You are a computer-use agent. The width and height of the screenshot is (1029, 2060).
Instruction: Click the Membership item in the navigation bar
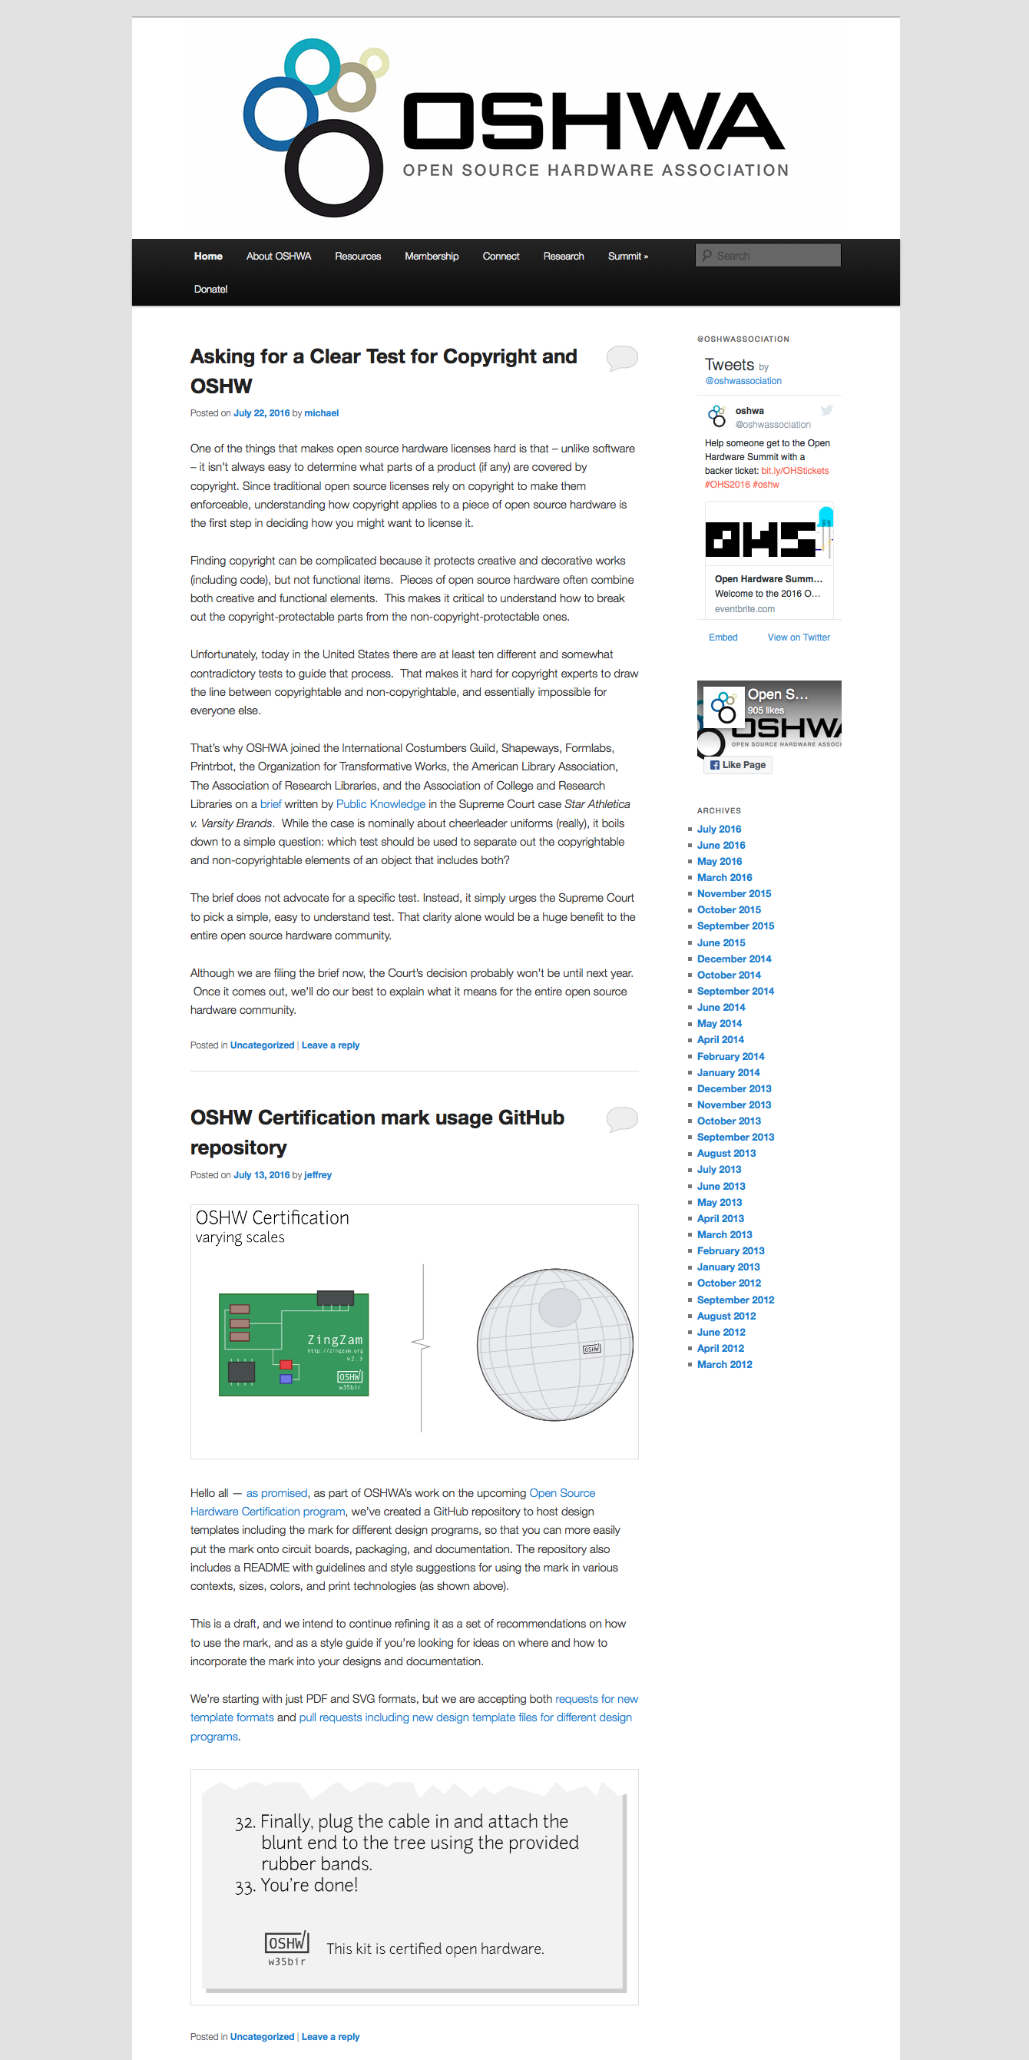pyautogui.click(x=431, y=256)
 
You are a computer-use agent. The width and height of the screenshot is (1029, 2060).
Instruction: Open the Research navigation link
pyautogui.click(x=563, y=256)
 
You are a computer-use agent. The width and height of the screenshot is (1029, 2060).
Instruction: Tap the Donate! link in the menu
pyautogui.click(x=210, y=289)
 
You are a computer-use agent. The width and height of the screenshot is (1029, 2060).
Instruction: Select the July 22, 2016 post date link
pyautogui.click(x=260, y=412)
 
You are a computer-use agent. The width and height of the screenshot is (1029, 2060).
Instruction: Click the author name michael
pyautogui.click(x=322, y=412)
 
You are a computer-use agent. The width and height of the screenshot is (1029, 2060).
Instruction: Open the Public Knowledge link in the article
pyautogui.click(x=381, y=803)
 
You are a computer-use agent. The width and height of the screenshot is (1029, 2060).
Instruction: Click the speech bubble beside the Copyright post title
pyautogui.click(x=621, y=356)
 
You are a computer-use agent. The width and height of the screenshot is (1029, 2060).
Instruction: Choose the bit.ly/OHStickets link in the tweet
pyautogui.click(x=794, y=470)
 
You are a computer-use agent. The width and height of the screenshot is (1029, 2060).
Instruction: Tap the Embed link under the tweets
pyautogui.click(x=723, y=638)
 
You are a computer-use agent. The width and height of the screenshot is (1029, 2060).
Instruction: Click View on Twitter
pyautogui.click(x=798, y=638)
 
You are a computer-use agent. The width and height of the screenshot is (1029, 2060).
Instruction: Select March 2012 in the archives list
pyautogui.click(x=724, y=1364)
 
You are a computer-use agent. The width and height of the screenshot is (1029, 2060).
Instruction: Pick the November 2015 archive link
pyautogui.click(x=734, y=893)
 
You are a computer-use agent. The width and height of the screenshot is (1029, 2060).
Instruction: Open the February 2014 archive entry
pyautogui.click(x=730, y=1055)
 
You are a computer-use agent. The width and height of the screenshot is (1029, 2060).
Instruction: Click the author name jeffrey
pyautogui.click(x=317, y=1174)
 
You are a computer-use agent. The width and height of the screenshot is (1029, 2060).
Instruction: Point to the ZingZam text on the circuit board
pyautogui.click(x=335, y=1340)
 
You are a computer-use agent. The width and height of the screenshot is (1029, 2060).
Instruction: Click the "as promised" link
pyautogui.click(x=276, y=1492)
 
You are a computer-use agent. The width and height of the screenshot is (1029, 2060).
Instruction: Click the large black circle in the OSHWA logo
pyautogui.click(x=333, y=168)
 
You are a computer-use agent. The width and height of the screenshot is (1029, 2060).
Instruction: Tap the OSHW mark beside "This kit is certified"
pyautogui.click(x=286, y=1942)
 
